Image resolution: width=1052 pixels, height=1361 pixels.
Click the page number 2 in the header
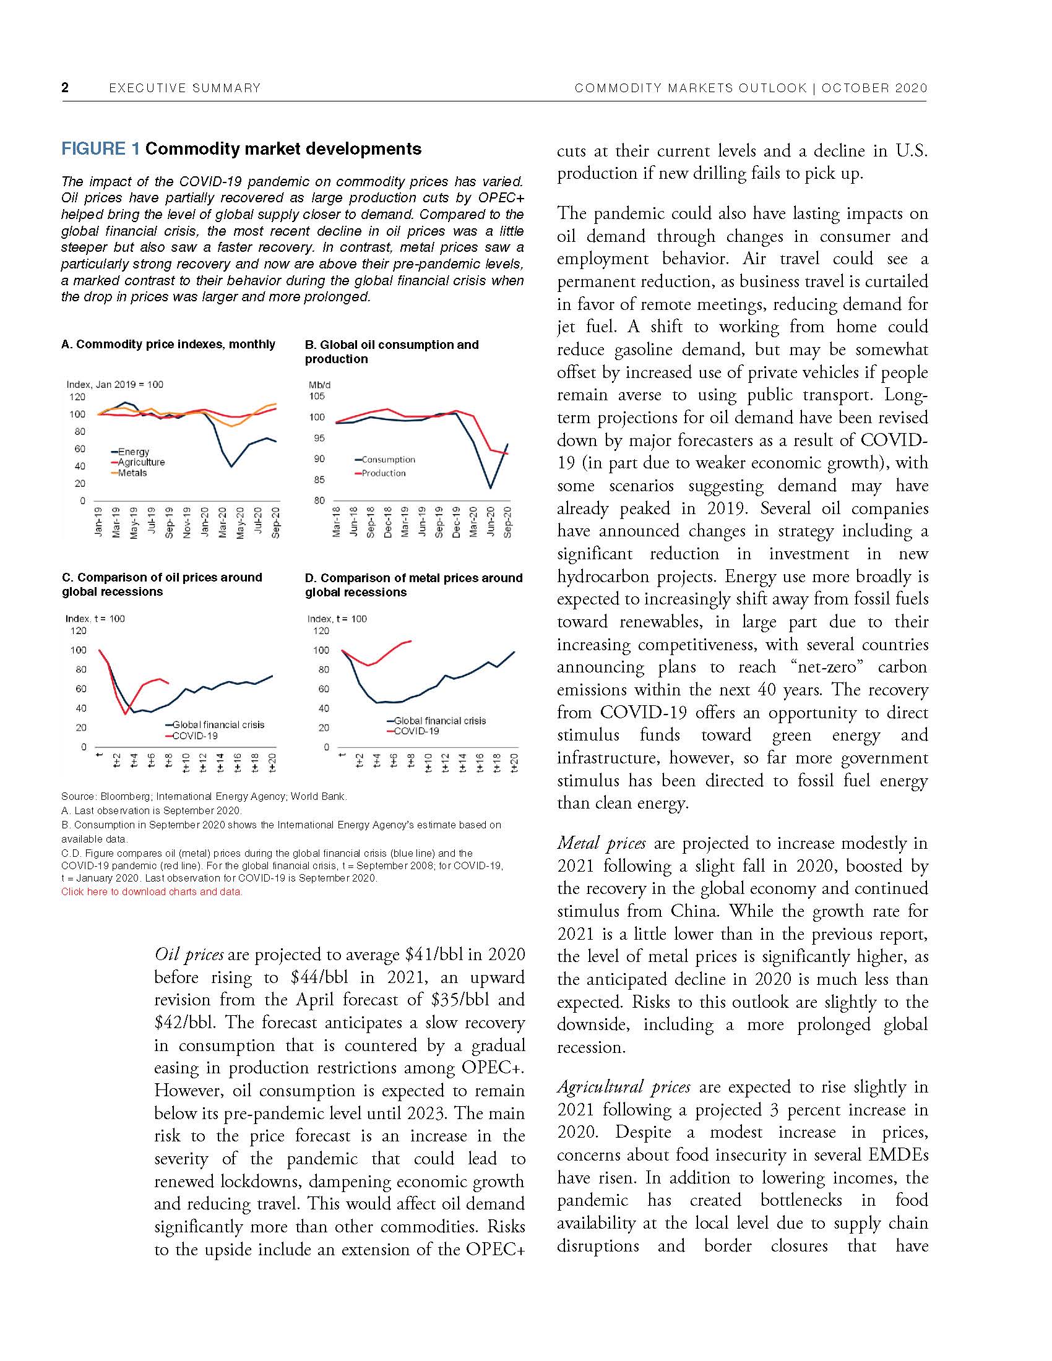click(x=65, y=88)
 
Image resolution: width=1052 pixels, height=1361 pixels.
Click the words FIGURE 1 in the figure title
click(x=100, y=149)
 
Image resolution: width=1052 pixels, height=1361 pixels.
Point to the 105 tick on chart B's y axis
click(x=317, y=397)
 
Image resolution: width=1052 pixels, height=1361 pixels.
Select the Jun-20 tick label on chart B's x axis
click(x=491, y=522)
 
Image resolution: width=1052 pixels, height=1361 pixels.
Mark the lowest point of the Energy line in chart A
click(x=232, y=466)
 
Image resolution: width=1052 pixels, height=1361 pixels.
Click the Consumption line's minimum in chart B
click(x=491, y=488)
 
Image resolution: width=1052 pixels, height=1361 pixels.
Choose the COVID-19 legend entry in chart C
click(x=194, y=736)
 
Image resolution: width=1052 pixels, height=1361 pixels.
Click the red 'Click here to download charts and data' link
click(x=152, y=891)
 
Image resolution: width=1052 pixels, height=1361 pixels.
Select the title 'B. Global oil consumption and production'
click(x=391, y=351)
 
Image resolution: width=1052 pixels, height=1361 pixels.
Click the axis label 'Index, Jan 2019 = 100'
click(x=114, y=385)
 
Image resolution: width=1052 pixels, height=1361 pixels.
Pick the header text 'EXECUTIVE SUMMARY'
click(x=184, y=88)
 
